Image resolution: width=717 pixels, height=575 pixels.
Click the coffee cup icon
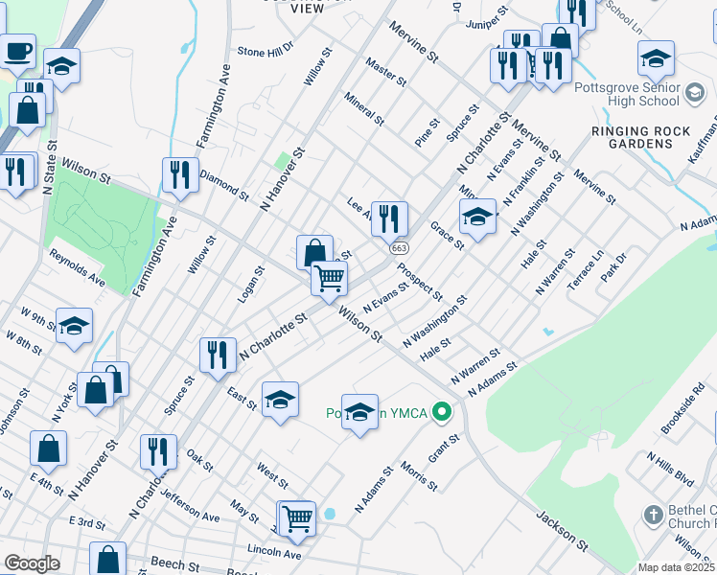pos(18,51)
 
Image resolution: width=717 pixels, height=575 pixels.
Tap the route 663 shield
pos(399,247)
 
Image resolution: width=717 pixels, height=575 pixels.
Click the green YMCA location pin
pos(441,413)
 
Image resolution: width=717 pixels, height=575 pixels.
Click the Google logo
pos(32,563)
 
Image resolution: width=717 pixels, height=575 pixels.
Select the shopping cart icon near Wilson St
pos(329,278)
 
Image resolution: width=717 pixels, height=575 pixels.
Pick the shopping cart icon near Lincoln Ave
pos(297,518)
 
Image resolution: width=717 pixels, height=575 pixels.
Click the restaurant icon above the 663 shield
pos(389,218)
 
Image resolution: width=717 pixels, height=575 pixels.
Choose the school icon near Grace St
pos(476,216)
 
